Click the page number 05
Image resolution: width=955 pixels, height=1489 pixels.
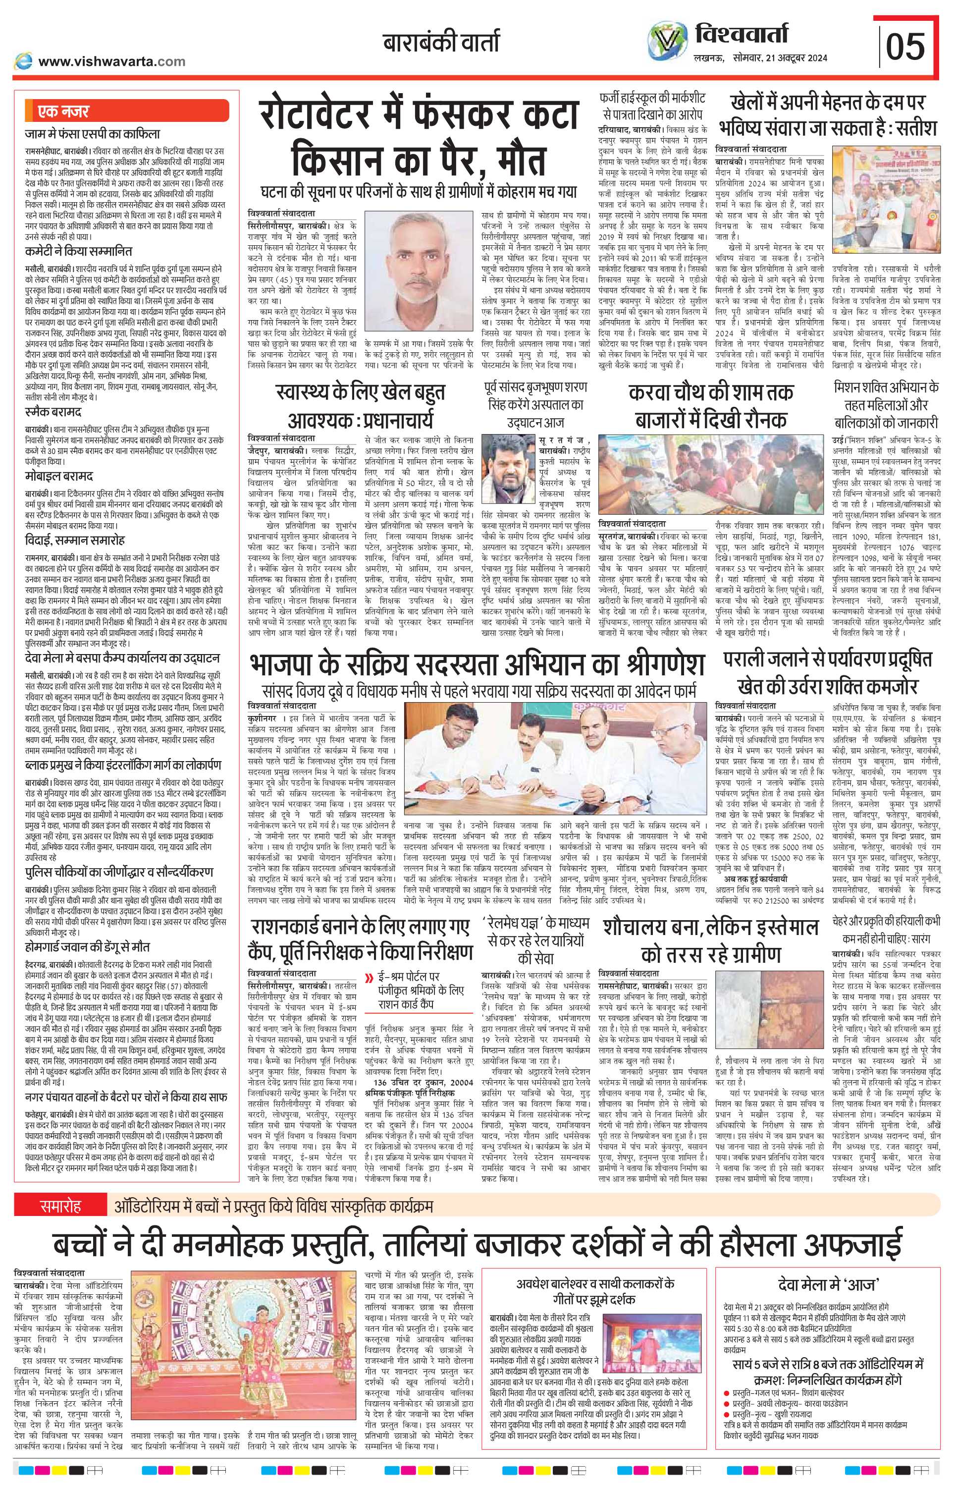tap(905, 47)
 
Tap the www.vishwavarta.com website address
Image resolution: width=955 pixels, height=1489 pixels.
tap(111, 61)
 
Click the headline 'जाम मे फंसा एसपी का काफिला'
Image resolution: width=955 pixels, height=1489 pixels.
tap(93, 133)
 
